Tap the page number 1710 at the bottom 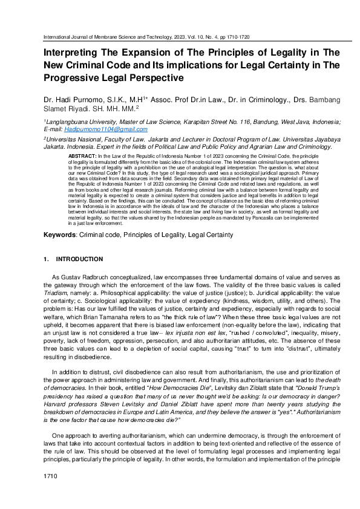point(50,494)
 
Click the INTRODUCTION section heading point(79,259)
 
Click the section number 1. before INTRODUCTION point(46,259)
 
